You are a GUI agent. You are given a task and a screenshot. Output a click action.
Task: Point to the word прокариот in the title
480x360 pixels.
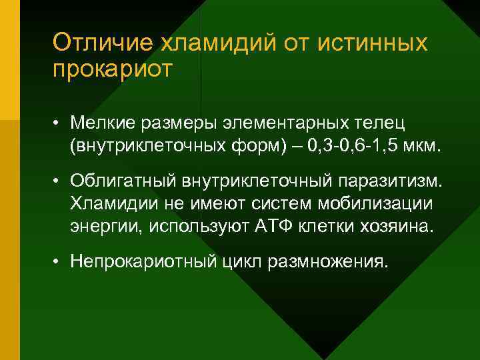113,69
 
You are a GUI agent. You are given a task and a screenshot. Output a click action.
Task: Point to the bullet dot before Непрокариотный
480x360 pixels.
60,262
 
